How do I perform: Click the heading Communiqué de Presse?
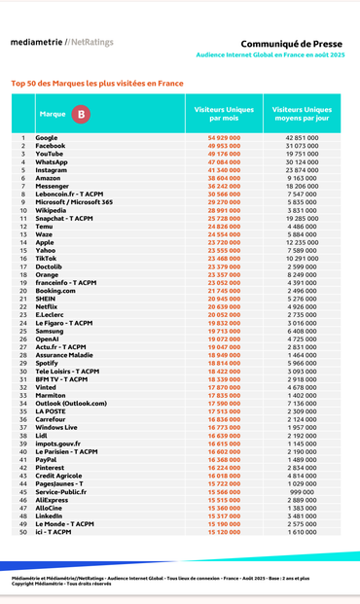[x=292, y=44]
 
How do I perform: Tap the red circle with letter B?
[x=81, y=114]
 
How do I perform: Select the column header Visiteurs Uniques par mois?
[x=224, y=114]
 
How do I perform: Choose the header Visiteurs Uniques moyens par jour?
[x=302, y=114]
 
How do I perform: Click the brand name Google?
[x=47, y=138]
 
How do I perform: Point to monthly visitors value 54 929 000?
[x=224, y=138]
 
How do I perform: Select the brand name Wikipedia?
[x=51, y=210]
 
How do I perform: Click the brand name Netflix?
[x=48, y=306]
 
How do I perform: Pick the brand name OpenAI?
[x=49, y=338]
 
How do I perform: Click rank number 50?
[x=22, y=532]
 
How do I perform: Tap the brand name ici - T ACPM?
[x=54, y=532]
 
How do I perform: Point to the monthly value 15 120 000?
[x=224, y=532]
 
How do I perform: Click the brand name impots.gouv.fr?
[x=57, y=444]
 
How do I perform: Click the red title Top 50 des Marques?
[x=97, y=84]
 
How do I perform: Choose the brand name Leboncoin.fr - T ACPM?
[x=69, y=195]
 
